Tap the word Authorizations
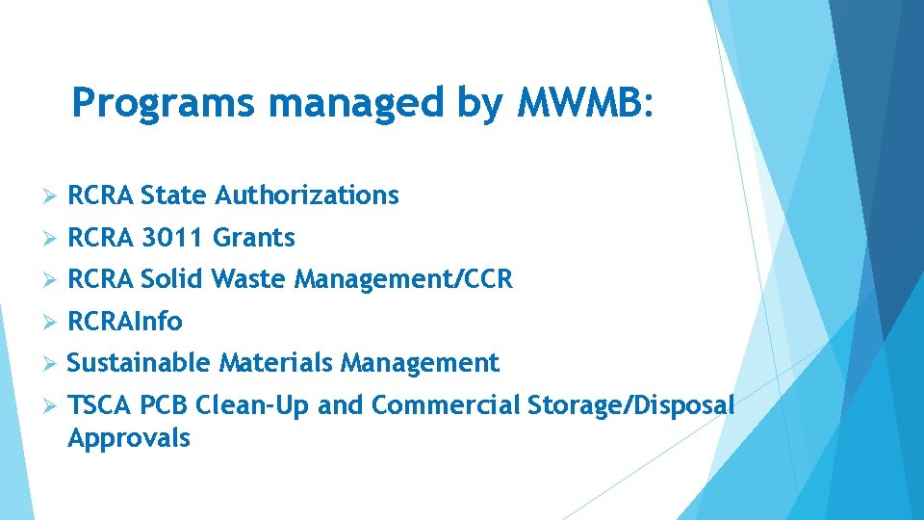(x=306, y=195)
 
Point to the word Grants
(x=253, y=238)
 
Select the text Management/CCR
(x=403, y=280)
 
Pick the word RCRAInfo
(x=125, y=322)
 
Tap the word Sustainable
(x=139, y=363)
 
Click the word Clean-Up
(x=252, y=405)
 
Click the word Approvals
(x=129, y=439)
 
